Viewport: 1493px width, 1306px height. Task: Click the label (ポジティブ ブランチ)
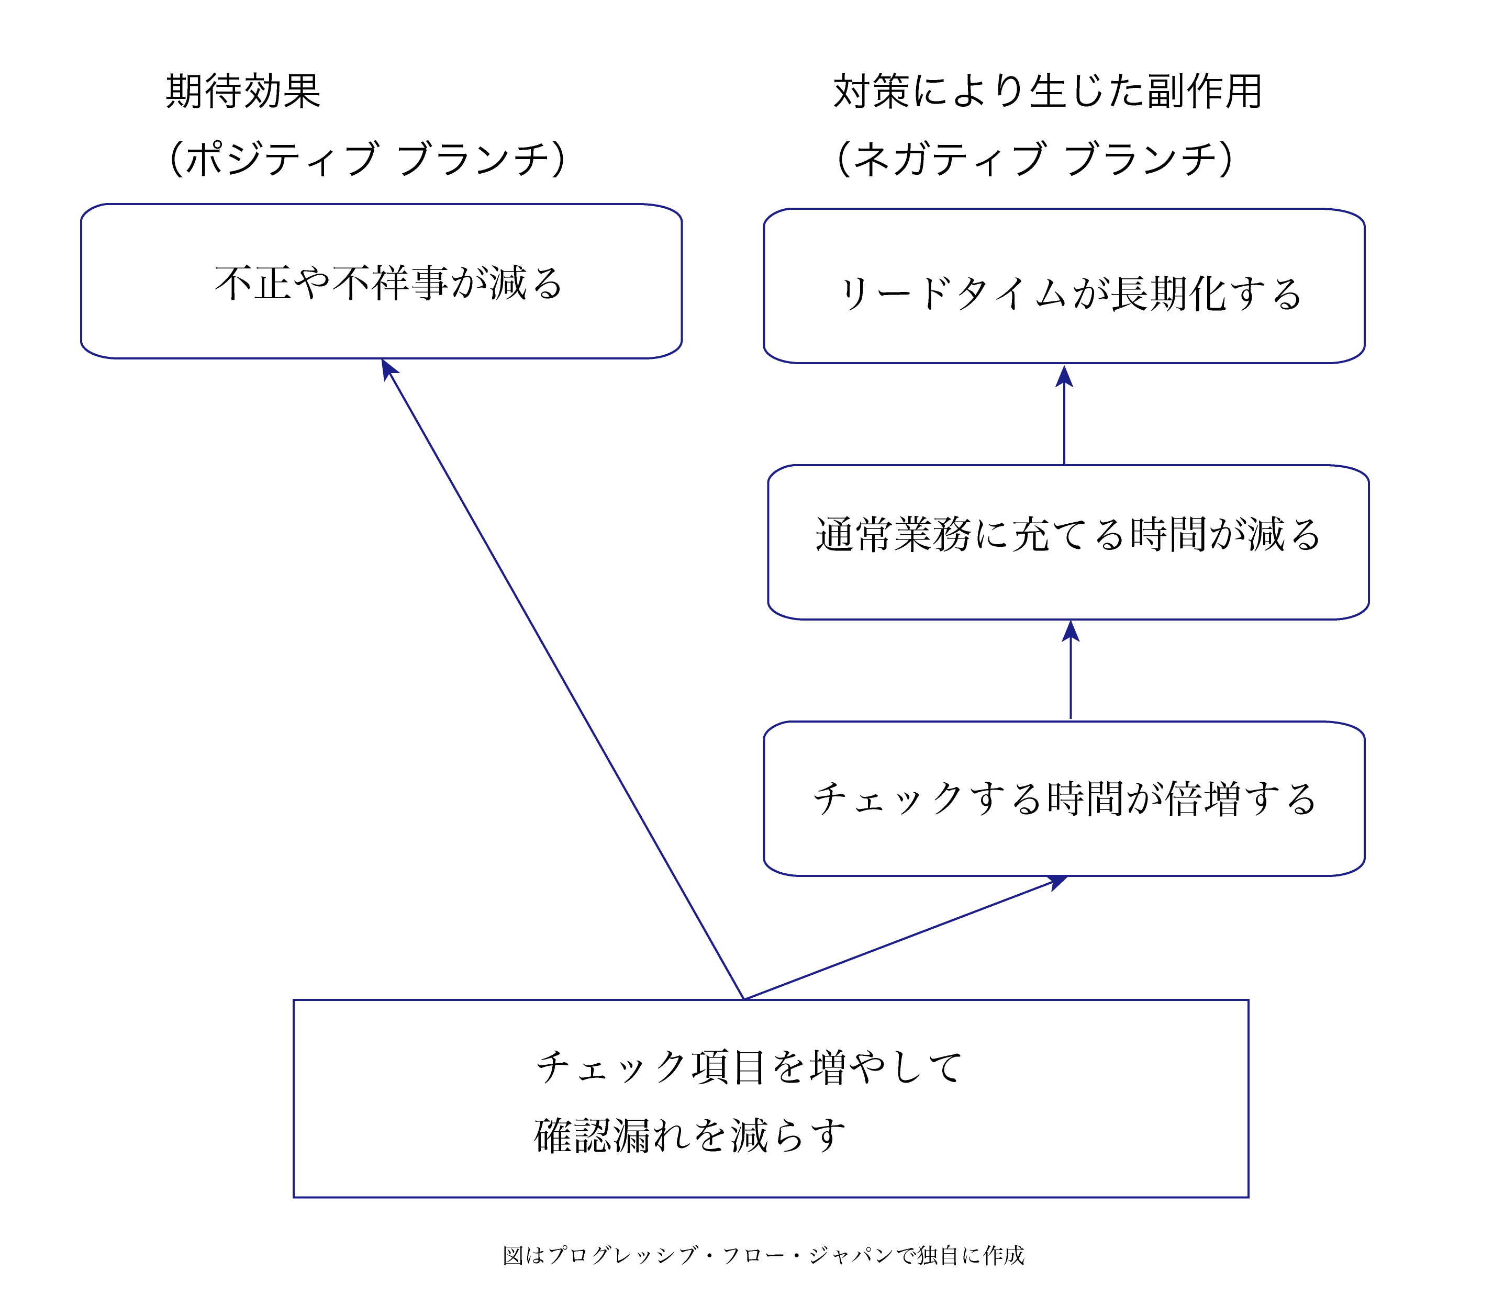(x=366, y=159)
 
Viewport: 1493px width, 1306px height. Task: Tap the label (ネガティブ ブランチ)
(x=1034, y=159)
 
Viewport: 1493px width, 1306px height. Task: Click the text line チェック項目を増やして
(x=749, y=1068)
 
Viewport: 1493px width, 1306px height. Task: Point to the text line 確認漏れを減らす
(x=689, y=1135)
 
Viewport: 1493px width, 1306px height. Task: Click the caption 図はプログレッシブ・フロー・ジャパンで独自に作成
(x=763, y=1255)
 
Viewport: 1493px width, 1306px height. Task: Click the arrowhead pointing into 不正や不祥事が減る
(x=388, y=369)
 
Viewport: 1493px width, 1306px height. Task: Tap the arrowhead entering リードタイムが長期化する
(x=1064, y=377)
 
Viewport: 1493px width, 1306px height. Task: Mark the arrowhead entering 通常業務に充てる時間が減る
(x=1070, y=631)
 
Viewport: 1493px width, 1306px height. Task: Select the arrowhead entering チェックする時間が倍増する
(x=1058, y=883)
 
